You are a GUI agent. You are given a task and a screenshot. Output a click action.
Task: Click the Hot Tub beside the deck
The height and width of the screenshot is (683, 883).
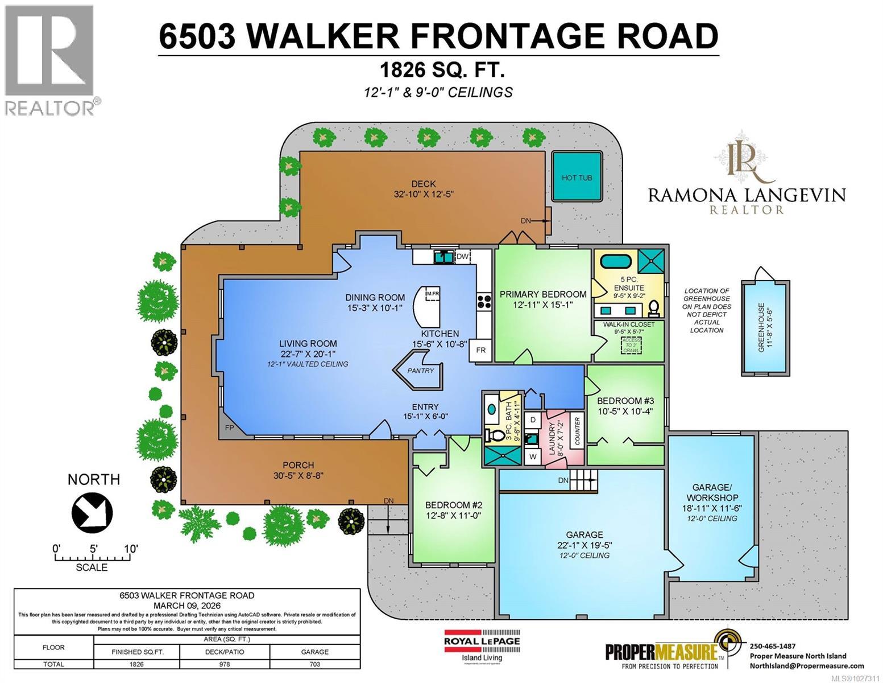[x=577, y=177]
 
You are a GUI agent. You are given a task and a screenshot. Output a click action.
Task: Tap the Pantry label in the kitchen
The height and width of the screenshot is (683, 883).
[x=420, y=371]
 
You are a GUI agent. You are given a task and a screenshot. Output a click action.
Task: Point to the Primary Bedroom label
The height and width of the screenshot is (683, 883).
[x=542, y=294]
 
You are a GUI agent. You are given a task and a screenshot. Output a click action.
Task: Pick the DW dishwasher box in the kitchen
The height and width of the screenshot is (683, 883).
[x=462, y=257]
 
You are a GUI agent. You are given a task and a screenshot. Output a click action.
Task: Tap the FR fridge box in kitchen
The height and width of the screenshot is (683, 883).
[x=480, y=350]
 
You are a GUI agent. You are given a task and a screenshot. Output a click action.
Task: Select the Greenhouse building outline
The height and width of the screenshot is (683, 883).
[x=765, y=327]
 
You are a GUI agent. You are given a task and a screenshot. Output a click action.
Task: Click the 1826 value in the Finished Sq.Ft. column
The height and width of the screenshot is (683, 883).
[x=136, y=664]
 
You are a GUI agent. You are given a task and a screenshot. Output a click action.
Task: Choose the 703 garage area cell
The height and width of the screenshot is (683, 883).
[x=314, y=664]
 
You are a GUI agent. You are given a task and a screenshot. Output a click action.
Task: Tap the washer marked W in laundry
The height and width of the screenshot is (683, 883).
[x=533, y=456]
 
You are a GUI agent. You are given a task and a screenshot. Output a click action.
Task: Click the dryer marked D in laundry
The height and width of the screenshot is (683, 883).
[x=533, y=419]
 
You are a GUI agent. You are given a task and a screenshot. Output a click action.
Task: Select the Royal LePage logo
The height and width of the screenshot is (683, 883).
[x=482, y=645]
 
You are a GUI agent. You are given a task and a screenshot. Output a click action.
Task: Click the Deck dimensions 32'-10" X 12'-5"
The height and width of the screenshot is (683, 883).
[x=424, y=194]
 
